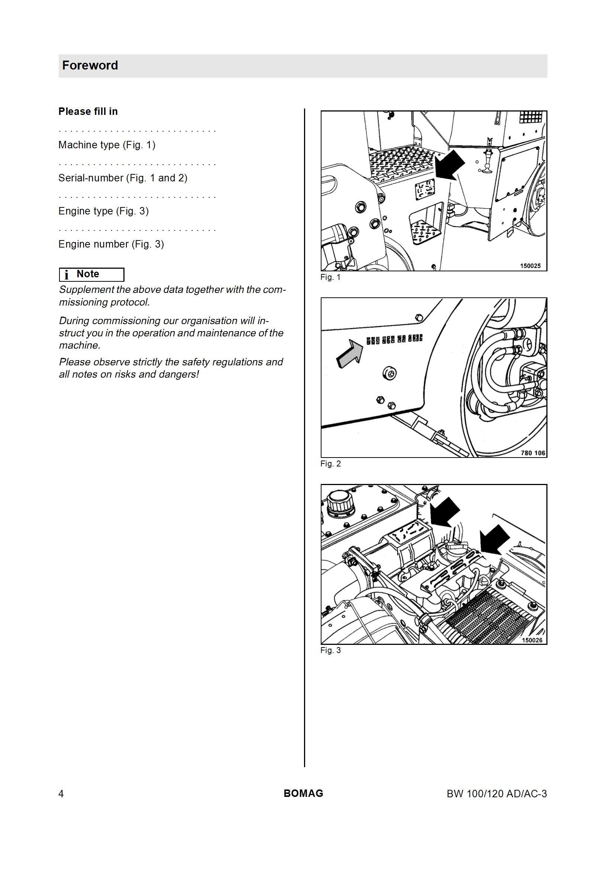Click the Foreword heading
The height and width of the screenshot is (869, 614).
click(90, 65)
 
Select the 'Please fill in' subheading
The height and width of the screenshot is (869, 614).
click(88, 111)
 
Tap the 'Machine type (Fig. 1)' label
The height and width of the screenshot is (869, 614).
click(107, 145)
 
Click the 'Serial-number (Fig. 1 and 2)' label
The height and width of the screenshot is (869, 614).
click(123, 178)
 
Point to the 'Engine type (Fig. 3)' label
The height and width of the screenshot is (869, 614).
click(103, 211)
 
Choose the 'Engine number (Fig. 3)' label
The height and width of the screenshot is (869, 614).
click(111, 244)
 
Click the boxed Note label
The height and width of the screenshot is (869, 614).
click(91, 274)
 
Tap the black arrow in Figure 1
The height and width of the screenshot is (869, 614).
click(450, 165)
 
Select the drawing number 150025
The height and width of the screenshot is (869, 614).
click(530, 266)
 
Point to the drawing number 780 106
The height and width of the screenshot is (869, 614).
click(533, 453)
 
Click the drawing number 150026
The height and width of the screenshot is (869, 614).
click(532, 640)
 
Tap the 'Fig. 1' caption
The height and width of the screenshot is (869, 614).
click(330, 277)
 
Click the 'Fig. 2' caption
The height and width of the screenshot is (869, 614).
click(330, 463)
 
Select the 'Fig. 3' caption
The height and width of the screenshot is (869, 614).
click(330, 650)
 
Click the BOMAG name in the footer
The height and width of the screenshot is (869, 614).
click(304, 793)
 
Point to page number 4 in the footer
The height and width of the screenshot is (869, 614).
click(61, 794)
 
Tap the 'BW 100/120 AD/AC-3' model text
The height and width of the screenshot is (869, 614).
click(497, 794)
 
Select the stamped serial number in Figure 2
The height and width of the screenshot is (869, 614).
click(394, 339)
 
